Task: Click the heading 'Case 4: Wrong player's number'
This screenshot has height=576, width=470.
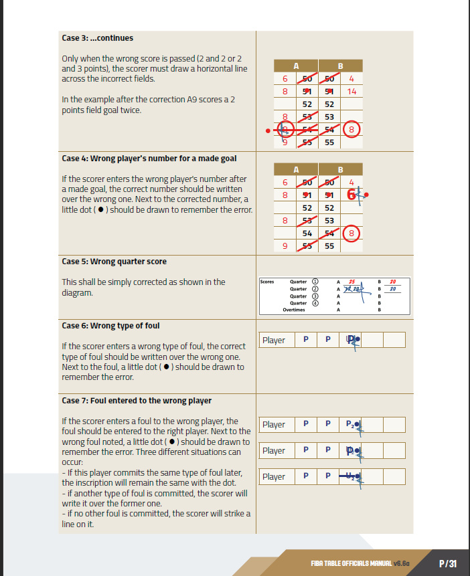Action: [149, 159]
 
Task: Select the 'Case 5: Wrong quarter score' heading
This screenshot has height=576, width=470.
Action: [114, 262]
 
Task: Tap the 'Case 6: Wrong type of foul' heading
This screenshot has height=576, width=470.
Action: [110, 326]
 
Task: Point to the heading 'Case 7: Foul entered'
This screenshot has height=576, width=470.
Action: [137, 401]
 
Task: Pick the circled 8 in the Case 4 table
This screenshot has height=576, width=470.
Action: [352, 233]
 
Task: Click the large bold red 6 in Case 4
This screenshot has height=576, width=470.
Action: [351, 195]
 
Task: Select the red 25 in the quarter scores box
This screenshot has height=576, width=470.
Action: [351, 282]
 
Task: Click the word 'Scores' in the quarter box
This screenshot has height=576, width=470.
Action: [266, 282]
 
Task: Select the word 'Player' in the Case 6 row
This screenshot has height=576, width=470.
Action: [273, 340]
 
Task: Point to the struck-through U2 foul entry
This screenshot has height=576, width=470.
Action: [349, 476]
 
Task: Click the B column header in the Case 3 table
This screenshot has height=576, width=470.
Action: [340, 66]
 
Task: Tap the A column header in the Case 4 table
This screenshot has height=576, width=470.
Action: [296, 169]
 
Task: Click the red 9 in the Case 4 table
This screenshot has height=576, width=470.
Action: [285, 246]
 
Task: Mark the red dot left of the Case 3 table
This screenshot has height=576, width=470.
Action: [268, 130]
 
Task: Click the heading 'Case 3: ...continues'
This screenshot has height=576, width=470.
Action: [97, 38]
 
